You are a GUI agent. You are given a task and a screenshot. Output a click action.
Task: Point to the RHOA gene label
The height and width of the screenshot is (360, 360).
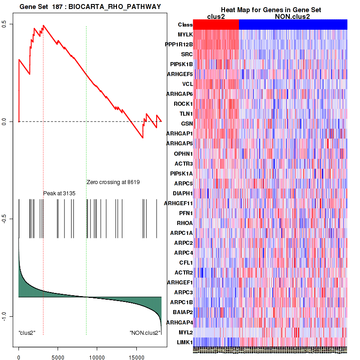(184, 223)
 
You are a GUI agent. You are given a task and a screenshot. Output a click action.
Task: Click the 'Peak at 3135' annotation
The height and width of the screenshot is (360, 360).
(59, 193)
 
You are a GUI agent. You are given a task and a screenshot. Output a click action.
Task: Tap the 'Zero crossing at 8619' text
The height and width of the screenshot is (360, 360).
(113, 182)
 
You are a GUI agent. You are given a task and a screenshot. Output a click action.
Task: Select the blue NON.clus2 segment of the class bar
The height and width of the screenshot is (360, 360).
(292, 25)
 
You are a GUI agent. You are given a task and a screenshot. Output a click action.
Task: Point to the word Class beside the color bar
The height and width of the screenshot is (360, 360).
(185, 25)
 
